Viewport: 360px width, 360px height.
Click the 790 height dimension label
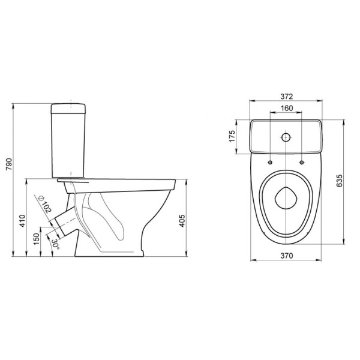(x=9, y=164)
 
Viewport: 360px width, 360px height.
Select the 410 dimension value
(x=22, y=221)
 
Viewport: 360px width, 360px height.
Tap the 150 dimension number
(x=37, y=239)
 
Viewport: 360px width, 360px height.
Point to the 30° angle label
(x=55, y=245)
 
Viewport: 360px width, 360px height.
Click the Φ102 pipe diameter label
(x=45, y=204)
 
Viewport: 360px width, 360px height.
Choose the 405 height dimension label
(x=182, y=221)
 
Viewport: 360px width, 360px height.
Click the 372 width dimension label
(x=287, y=97)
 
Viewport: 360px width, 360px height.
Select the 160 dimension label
(x=287, y=108)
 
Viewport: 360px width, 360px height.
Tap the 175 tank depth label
(x=232, y=136)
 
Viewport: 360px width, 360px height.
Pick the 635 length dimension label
(x=340, y=181)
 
